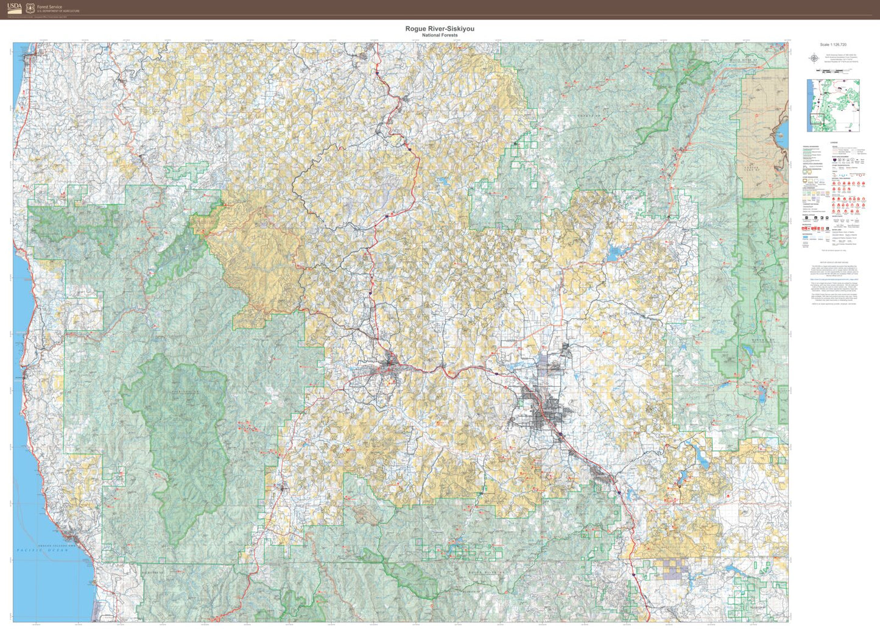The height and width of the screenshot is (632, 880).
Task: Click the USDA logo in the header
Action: coord(15,8)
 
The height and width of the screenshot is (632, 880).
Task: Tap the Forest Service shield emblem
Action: coord(30,9)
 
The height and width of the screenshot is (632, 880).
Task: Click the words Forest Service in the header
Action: coord(49,7)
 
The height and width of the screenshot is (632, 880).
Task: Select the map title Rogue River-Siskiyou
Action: coord(439,29)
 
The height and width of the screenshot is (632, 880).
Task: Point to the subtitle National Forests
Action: coord(439,35)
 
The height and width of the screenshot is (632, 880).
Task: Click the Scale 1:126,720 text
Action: coord(833,44)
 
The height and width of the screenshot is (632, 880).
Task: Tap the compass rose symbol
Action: coord(814,59)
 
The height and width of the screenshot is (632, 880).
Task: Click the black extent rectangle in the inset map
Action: coord(816,122)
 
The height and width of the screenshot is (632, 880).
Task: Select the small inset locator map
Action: coord(833,105)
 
